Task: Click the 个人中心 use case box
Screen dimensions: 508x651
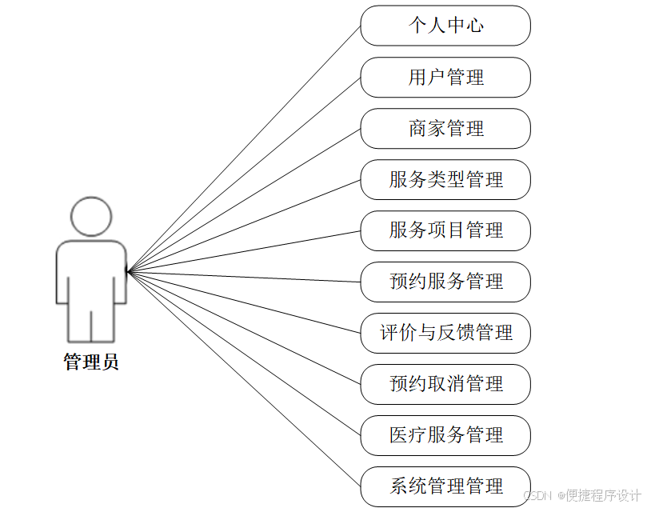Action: [x=445, y=26]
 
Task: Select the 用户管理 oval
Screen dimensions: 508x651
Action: [x=445, y=77]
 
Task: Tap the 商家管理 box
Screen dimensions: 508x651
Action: [x=445, y=128]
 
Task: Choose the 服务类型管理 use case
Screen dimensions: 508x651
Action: [x=445, y=179]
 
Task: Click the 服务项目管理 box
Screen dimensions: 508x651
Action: [x=445, y=230]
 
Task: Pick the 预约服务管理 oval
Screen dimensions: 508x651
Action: [x=445, y=282]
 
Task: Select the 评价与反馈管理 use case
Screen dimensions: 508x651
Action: [x=445, y=333]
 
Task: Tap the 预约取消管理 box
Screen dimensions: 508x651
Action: [x=445, y=384]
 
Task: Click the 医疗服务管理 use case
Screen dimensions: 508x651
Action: [x=445, y=435]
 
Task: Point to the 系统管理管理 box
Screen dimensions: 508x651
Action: [x=445, y=486]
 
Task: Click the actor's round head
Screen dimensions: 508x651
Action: [x=91, y=216]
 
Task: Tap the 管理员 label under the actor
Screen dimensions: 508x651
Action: [x=91, y=362]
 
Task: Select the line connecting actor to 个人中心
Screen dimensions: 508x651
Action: [x=244, y=149]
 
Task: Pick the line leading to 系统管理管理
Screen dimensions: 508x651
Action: [x=244, y=378]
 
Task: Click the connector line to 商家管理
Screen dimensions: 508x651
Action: [x=244, y=200]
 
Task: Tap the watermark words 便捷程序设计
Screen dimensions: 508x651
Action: [x=604, y=496]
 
